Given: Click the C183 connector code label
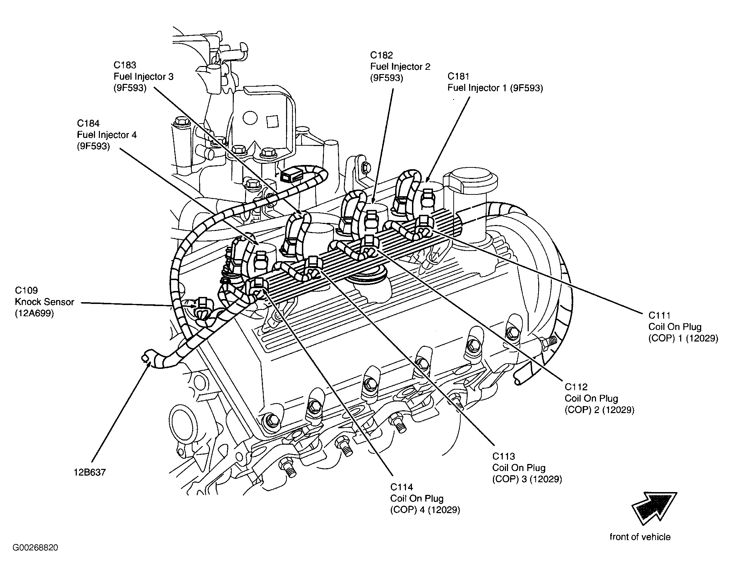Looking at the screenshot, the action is pos(125,65).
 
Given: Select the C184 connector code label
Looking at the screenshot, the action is pos(88,123).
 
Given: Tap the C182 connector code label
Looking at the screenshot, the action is pos(381,55).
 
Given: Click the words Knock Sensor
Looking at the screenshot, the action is pos(45,302).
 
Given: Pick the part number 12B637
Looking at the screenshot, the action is pos(89,472).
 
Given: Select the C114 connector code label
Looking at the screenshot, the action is pos(401,487).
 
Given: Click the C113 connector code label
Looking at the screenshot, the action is pos(504,456).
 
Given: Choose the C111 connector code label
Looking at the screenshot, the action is pos(659,315).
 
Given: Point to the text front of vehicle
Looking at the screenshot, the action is pos(640,537).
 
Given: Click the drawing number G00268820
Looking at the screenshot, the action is pos(36,548).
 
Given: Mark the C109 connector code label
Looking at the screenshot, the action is pos(26,290).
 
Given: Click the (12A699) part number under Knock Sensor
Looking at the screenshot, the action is pos(34,313).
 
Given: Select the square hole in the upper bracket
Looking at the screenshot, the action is pos(272,121).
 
